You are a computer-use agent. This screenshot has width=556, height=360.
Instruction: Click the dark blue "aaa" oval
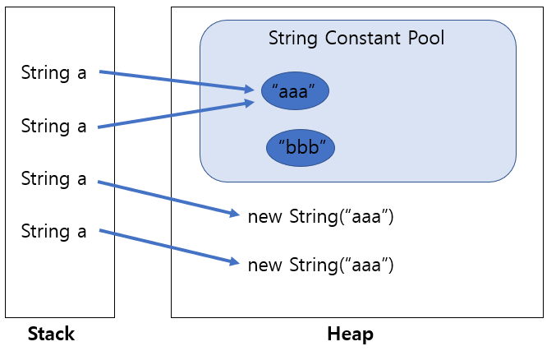[x=295, y=92]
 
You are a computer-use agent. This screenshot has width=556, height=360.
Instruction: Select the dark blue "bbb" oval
[x=301, y=148]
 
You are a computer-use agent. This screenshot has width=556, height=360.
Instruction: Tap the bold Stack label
[x=51, y=334]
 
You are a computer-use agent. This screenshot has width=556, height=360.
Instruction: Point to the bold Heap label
[x=350, y=334]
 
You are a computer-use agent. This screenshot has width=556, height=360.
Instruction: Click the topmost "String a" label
[x=53, y=72]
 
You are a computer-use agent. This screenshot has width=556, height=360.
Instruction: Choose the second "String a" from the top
[x=53, y=126]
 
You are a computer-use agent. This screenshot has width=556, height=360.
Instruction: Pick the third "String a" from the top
[x=53, y=178]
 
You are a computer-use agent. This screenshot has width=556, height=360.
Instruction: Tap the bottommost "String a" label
[x=53, y=231]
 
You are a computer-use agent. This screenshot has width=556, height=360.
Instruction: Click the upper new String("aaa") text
[x=321, y=217]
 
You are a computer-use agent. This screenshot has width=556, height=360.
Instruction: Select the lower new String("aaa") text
[x=321, y=265]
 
